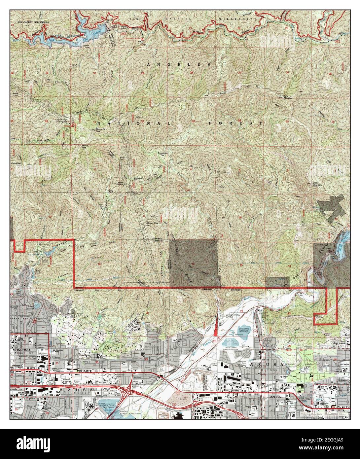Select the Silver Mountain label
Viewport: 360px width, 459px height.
point(317,183)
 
